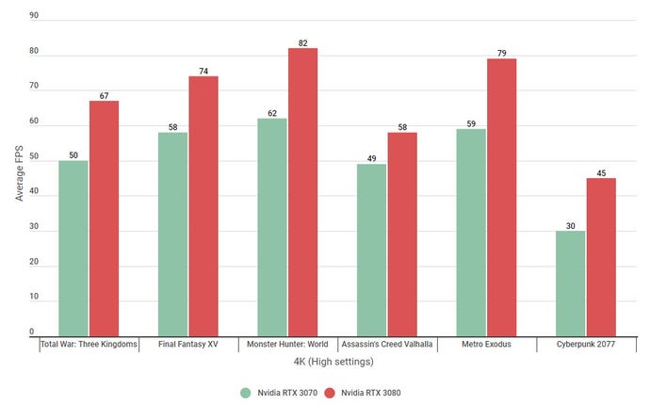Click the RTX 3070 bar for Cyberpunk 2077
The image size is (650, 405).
(570, 283)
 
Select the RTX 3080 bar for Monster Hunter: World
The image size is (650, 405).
(303, 193)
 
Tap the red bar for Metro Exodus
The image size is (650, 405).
(502, 198)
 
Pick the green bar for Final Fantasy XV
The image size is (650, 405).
(172, 235)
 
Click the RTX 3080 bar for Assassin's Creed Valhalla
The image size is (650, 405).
(402, 235)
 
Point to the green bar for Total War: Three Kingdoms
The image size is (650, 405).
(73, 249)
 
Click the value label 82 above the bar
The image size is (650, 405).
(303, 41)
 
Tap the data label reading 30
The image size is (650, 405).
(570, 224)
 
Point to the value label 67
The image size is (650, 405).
(105, 94)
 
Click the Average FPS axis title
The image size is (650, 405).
(19, 169)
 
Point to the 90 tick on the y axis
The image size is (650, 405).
(34, 16)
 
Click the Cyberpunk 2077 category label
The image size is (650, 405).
(585, 345)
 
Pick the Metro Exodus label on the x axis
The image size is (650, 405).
(486, 345)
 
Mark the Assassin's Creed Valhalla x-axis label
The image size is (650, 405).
(386, 345)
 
